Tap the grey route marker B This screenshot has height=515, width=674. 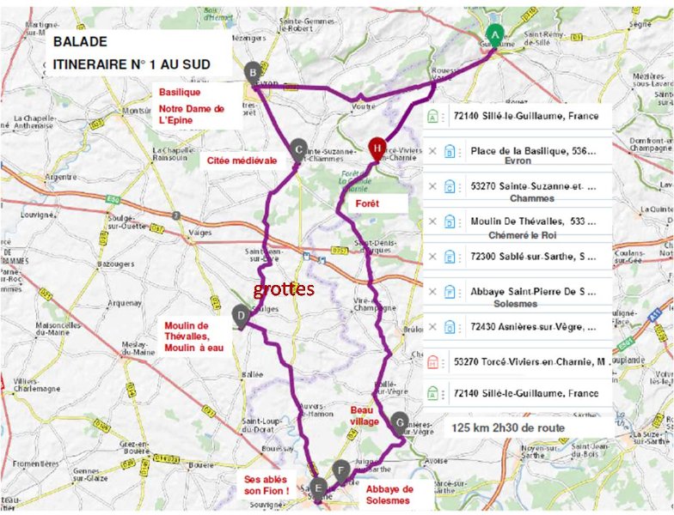coord(253,73)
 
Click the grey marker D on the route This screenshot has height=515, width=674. coord(242,315)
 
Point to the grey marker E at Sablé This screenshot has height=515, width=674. coord(319,488)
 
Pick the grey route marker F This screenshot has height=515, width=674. coord(342,470)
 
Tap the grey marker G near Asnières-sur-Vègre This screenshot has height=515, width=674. coord(399,421)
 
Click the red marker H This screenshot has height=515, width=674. coord(377,148)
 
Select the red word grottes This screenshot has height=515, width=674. coord(285,289)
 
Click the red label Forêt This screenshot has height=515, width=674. coord(367,203)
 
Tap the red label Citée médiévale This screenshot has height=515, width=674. coord(242,160)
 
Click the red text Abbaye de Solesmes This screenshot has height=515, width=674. coord(389,494)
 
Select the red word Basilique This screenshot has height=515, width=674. coord(178,92)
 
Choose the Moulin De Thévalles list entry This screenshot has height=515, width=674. coord(533,221)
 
